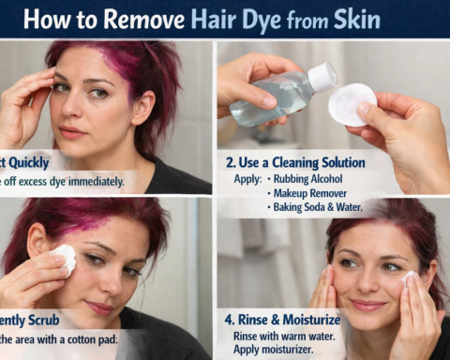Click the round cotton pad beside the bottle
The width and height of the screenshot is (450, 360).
[352, 103]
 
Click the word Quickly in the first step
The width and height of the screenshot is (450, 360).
[30, 160]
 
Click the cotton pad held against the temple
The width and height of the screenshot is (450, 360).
[63, 259]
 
